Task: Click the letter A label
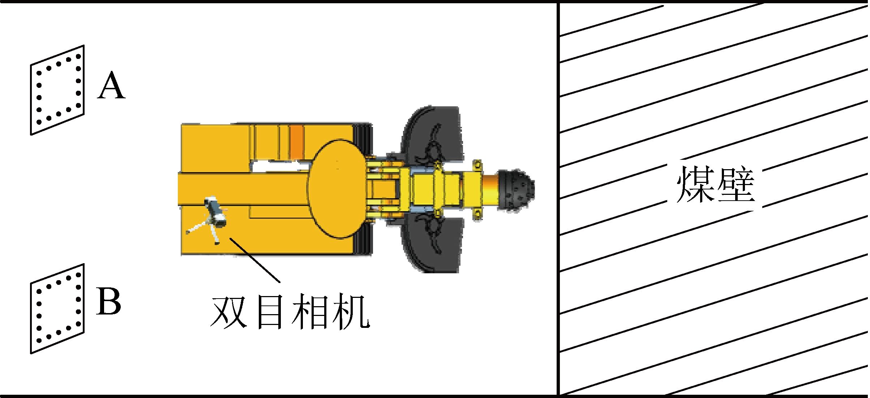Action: coord(112,85)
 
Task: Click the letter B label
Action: coord(108,301)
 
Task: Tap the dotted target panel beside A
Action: coord(57,90)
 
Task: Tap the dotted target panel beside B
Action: coord(57,308)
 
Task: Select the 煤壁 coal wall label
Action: coord(716,184)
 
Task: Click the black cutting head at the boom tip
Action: coord(516,190)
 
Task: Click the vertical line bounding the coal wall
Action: coord(559,199)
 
